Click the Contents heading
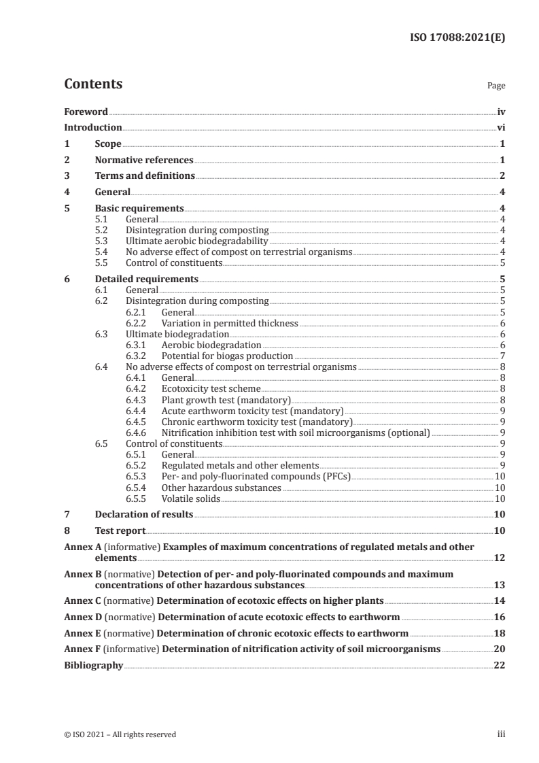[93, 84]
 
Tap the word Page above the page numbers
[496, 86]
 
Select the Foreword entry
[86, 112]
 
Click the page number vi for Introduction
[500, 127]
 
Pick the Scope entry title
[108, 144]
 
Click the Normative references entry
[144, 160]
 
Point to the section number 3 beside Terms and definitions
[67, 176]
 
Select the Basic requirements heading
[139, 209]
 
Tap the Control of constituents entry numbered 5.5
[174, 262]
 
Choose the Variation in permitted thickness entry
[230, 323]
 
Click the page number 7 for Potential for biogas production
[502, 356]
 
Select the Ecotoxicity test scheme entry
[211, 389]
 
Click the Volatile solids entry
[191, 498]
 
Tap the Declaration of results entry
[144, 514]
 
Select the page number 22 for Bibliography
[499, 665]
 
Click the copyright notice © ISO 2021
[120, 734]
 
